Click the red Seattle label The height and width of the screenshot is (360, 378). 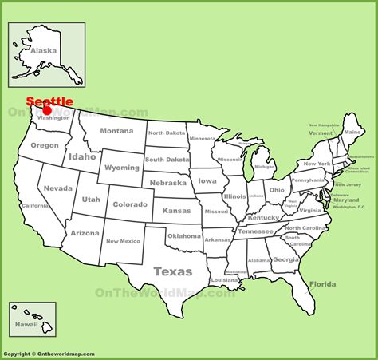49,101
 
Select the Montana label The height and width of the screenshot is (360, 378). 116,131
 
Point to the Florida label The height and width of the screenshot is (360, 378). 322,284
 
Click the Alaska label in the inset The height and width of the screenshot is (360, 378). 44,50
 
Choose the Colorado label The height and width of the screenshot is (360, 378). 130,204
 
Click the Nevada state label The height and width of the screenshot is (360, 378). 57,188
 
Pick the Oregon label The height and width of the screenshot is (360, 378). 45,145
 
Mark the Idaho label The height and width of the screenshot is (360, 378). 82,157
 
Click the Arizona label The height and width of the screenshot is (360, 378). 85,233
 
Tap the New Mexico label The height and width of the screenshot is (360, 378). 124,241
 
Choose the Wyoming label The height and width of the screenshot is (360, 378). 121,168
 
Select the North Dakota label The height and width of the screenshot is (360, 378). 166,133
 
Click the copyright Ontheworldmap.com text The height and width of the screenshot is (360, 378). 49,354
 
